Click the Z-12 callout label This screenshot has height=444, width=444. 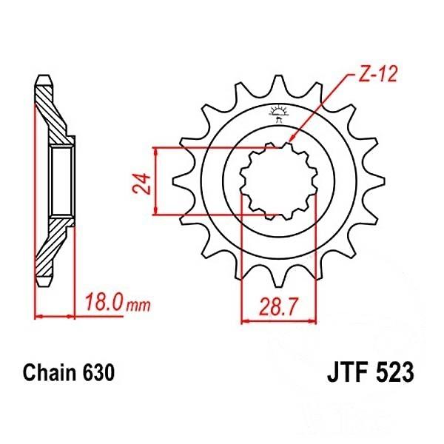378,74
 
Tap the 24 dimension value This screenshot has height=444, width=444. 142,183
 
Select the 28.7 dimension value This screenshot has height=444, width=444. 279,307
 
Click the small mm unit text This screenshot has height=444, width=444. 138,306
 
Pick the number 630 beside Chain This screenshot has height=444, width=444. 98,372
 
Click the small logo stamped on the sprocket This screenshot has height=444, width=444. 279,112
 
